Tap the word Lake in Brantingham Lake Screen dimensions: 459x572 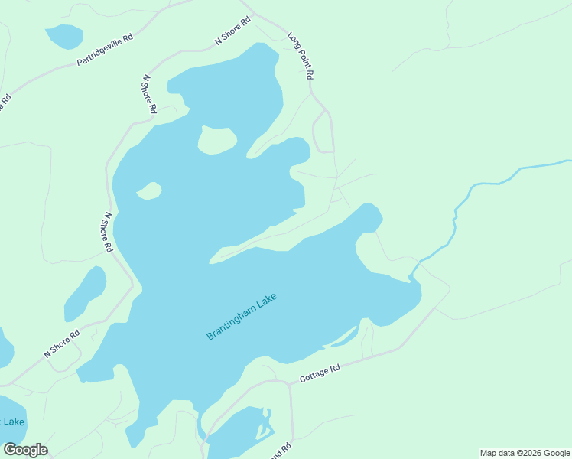click(x=266, y=300)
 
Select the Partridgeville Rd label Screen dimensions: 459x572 click(x=105, y=49)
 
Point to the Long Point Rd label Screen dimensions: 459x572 click(x=301, y=57)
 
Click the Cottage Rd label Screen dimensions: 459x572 click(x=319, y=373)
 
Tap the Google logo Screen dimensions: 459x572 click(x=25, y=450)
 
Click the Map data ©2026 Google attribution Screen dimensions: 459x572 click(x=525, y=453)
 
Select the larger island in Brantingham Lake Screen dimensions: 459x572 click(x=216, y=139)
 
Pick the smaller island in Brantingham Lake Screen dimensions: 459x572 click(x=149, y=190)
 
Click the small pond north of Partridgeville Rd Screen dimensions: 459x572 click(x=64, y=35)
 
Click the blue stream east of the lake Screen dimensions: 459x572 click(x=489, y=184)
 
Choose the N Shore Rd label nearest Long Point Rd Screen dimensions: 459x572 click(x=232, y=31)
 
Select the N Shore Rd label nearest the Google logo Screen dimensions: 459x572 click(x=62, y=344)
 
